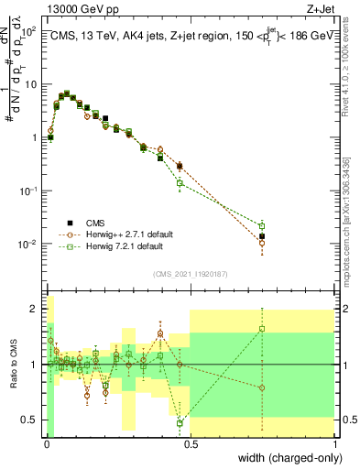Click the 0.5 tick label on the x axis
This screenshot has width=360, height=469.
(x=191, y=442)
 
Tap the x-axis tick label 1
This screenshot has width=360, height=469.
(x=335, y=442)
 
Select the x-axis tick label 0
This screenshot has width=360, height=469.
(x=46, y=442)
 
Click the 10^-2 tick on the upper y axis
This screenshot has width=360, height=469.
(x=29, y=244)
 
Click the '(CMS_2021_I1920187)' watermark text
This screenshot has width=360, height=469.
(x=190, y=272)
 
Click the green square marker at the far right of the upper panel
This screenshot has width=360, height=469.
(x=263, y=225)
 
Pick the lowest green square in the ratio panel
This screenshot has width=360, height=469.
(x=180, y=422)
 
